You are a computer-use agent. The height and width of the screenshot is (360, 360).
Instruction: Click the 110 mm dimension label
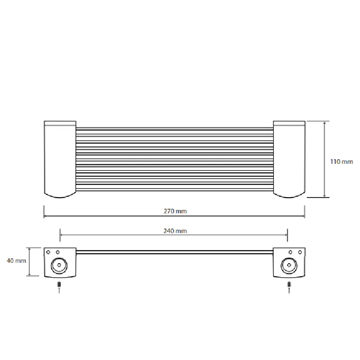pos(342,162)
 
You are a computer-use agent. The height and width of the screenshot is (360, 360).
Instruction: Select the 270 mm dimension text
pos(175,211)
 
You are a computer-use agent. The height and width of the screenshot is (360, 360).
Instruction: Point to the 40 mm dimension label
pos(15,261)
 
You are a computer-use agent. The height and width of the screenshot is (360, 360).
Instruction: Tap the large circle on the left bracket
pos(58,265)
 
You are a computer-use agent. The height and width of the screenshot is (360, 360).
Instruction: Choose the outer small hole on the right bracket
pos(299,252)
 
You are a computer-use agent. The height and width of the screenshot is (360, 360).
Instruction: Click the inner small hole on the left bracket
pos(58,252)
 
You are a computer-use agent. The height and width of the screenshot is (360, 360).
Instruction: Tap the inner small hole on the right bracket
pos(290,252)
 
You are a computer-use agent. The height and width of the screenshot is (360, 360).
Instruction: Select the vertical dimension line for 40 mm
pos(30,261)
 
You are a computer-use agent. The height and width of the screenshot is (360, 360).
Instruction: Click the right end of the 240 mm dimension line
pos(288,234)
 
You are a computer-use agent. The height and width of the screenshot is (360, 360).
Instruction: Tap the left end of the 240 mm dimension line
pos(60,234)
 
